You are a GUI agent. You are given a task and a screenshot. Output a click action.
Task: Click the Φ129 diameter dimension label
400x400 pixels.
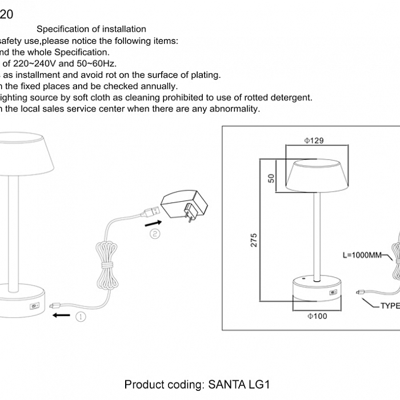click(x=314, y=141)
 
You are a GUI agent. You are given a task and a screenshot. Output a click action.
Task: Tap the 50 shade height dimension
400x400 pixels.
click(x=272, y=178)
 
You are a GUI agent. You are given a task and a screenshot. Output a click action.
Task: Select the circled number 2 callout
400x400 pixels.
click(x=155, y=233)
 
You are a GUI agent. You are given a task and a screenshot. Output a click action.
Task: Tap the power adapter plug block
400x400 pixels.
click(x=182, y=205)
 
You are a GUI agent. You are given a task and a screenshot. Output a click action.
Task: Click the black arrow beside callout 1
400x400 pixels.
click(x=62, y=315)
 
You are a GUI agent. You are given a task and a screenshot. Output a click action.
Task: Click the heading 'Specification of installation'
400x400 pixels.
click(x=91, y=29)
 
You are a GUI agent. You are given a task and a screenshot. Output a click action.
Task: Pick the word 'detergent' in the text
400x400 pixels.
click(x=291, y=98)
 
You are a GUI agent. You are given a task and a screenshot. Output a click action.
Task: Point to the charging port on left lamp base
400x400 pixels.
click(x=34, y=306)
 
